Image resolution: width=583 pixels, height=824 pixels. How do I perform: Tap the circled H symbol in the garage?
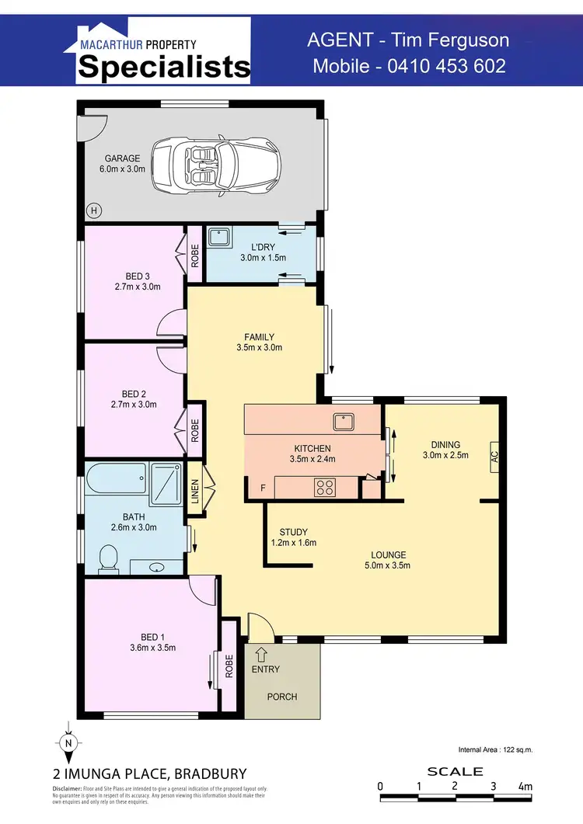pyautogui.click(x=94, y=210)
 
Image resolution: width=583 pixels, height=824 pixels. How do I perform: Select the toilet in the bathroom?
pyautogui.click(x=109, y=555)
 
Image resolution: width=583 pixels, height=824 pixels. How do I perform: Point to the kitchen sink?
pyautogui.click(x=343, y=422)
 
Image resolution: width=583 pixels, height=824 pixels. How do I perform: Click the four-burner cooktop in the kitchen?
pyautogui.click(x=323, y=488)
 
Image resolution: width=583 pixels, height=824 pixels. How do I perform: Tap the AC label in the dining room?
pyautogui.click(x=494, y=457)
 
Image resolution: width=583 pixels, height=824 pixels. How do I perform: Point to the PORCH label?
pyautogui.click(x=282, y=697)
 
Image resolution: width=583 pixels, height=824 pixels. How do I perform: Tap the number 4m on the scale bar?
pyautogui.click(x=525, y=787)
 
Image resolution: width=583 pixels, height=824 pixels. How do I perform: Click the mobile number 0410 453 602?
pyautogui.click(x=409, y=66)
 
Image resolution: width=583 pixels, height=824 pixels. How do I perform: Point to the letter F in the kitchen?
pyautogui.click(x=263, y=488)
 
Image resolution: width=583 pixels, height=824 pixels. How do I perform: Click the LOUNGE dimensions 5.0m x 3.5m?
pyautogui.click(x=388, y=565)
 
